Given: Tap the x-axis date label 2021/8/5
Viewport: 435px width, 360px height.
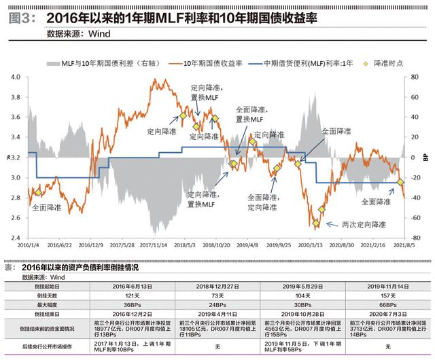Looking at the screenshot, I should click(x=405, y=244).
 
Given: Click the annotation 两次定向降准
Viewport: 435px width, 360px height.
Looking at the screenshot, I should click(x=364, y=223).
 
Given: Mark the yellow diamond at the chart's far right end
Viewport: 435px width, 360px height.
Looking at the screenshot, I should click(x=401, y=182).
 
